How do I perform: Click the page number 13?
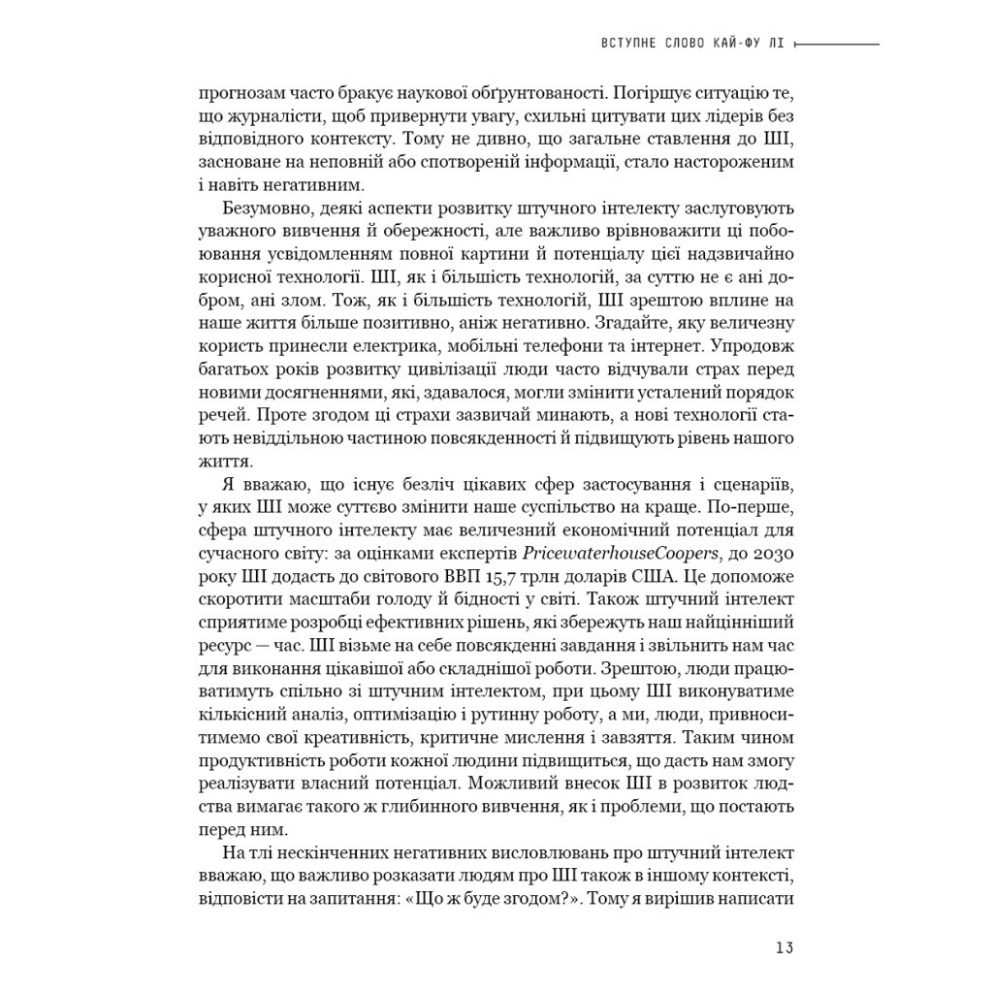tap(785, 947)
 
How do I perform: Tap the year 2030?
tap(772, 553)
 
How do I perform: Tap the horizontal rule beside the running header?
tap(843, 45)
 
